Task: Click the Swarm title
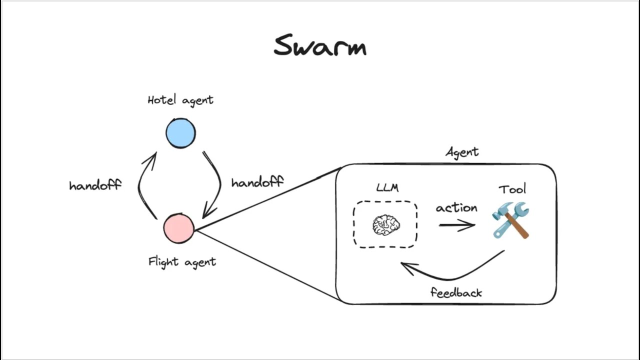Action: click(320, 46)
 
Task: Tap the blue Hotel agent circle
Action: click(180, 133)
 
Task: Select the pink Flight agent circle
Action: click(178, 228)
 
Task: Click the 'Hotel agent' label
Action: click(180, 100)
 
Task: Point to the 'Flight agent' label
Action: click(182, 261)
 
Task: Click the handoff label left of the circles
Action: click(95, 185)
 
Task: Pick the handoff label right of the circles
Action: click(257, 182)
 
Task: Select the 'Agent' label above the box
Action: click(462, 152)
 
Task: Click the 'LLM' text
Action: click(387, 188)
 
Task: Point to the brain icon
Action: click(386, 225)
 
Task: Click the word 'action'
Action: click(456, 208)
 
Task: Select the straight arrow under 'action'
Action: click(457, 225)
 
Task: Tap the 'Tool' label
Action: click(512, 189)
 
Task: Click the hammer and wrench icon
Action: click(511, 220)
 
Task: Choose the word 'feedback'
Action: click(456, 292)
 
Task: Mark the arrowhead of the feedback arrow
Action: click(406, 267)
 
